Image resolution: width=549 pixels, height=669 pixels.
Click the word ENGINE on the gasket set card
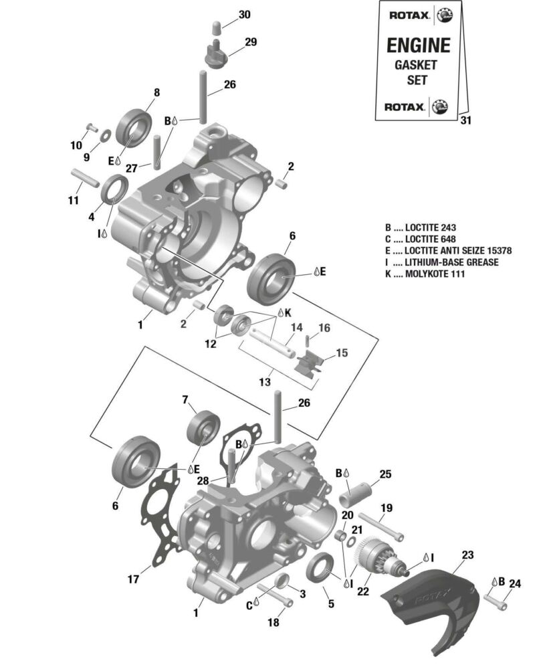419,45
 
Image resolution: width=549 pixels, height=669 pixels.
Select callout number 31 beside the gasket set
466,120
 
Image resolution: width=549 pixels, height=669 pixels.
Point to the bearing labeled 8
134,126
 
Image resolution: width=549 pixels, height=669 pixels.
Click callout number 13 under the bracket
265,382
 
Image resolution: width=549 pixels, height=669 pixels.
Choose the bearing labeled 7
203,427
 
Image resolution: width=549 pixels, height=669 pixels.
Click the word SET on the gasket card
418,80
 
